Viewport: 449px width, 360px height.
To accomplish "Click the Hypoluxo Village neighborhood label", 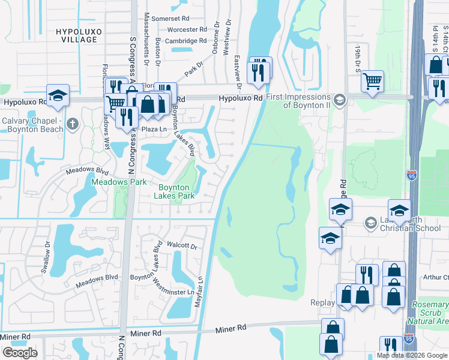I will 76,35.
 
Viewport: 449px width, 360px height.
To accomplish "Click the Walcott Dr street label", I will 182,246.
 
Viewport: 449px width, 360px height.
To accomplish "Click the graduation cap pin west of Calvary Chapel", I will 58,95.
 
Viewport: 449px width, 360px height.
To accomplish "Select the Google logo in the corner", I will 20,353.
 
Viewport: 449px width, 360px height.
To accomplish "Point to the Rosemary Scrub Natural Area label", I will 430,313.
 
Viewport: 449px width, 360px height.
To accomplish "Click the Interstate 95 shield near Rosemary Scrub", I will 409,339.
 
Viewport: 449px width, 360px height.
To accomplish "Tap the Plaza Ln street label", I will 152,129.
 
